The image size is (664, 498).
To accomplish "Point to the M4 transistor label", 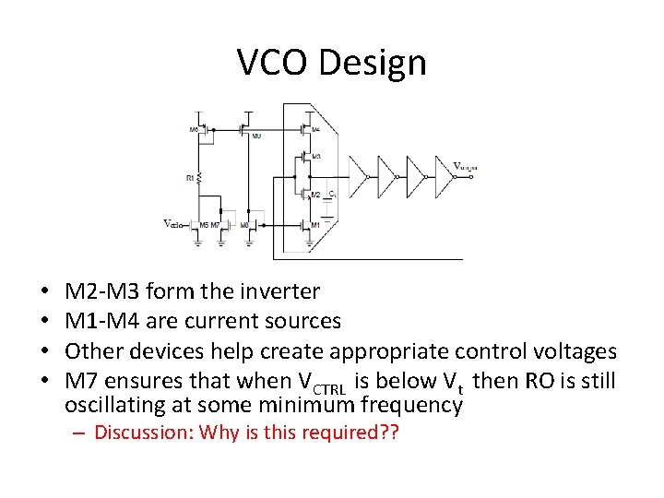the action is (316, 129).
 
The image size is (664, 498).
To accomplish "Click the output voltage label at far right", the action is (465, 167).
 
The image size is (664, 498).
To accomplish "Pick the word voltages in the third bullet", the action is (572, 350).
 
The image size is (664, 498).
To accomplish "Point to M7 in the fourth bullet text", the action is (83, 379).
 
